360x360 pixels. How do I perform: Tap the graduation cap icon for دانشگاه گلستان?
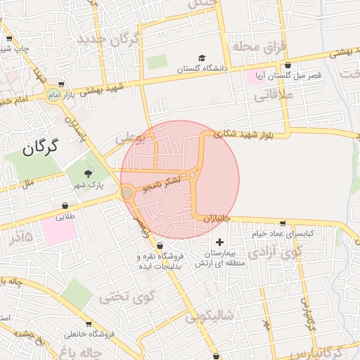pos(202,58)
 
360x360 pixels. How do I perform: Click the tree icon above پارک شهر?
pos(88,174)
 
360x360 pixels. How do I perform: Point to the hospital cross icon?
pos(219,242)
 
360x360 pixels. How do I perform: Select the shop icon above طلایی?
pos(65,207)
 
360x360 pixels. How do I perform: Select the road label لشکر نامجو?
pos(162,185)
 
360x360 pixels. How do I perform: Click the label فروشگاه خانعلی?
pos(89,334)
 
